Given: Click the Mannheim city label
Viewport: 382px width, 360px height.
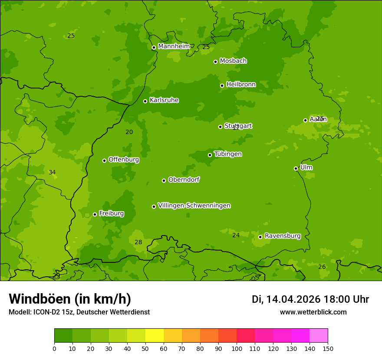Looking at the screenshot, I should click(x=174, y=46).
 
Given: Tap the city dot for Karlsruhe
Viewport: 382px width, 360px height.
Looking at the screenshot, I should click(x=145, y=101).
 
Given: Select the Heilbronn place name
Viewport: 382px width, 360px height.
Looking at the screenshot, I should click(x=241, y=84).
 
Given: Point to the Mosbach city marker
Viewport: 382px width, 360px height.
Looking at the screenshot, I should click(x=215, y=62).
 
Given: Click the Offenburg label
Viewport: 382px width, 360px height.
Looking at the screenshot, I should click(x=124, y=159).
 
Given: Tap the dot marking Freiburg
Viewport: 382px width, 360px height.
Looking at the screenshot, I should click(x=95, y=214).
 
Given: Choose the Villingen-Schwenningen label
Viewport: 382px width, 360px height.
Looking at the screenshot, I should click(x=194, y=205).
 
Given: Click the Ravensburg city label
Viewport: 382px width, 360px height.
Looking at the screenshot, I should click(x=283, y=236).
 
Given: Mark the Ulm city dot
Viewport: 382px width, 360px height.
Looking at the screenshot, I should click(x=296, y=168).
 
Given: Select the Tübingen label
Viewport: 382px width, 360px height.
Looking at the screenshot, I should click(x=228, y=154).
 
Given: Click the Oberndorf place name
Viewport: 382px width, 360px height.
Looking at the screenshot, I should click(x=184, y=179).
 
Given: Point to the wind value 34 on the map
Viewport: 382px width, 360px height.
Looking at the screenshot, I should click(x=52, y=172).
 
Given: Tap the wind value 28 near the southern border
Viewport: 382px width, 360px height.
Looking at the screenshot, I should click(x=138, y=242).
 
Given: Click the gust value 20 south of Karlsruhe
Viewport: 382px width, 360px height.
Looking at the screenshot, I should click(x=129, y=132).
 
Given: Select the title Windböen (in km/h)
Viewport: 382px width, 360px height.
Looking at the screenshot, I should click(x=70, y=299).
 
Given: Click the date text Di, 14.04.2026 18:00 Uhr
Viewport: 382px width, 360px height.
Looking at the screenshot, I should click(x=310, y=299).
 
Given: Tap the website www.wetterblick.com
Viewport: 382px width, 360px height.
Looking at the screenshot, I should click(x=313, y=312).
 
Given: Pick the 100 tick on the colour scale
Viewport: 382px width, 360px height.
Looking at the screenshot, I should click(x=237, y=348).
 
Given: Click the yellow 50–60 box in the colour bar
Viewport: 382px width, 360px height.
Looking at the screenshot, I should click(x=155, y=335).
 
